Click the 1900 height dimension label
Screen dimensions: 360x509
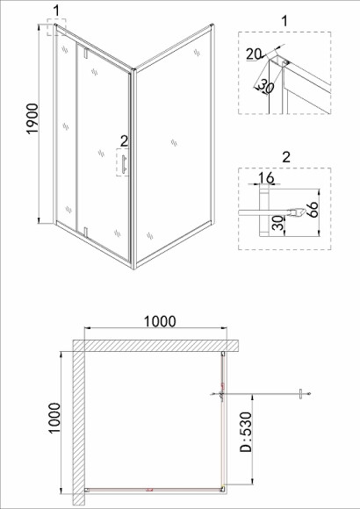pos(32,118)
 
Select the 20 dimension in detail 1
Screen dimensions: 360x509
pos(253,54)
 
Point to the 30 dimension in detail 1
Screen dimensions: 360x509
pos(266,86)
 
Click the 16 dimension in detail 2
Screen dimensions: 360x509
pos(266,177)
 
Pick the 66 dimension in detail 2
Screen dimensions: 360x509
pos(312,210)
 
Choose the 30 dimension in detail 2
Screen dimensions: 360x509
pos(278,223)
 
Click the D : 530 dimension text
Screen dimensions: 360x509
pos(246,432)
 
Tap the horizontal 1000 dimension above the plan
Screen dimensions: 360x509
pos(160,321)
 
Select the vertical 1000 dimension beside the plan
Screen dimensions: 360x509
pos(54,418)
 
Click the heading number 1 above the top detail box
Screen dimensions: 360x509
pos(284,21)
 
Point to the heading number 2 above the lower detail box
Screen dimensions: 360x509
pos(286,157)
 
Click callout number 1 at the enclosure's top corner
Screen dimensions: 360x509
pos(56,11)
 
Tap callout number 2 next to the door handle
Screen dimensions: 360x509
pos(124,141)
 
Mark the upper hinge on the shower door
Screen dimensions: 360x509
pos(86,53)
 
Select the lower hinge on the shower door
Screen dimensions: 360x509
pos(86,233)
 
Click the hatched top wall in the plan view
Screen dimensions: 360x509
pos(155,346)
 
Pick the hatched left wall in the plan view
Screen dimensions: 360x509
pos(79,423)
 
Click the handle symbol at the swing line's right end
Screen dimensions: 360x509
pos(301,394)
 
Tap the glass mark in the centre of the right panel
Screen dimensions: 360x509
pos(174,142)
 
